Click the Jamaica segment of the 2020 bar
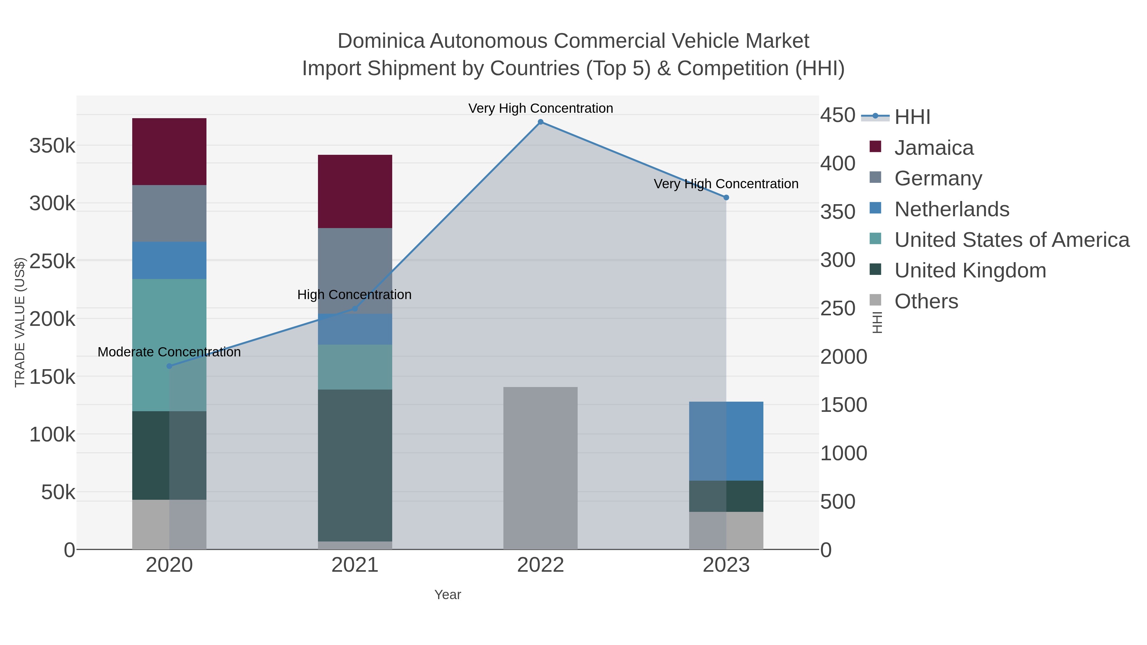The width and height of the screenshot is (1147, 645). (169, 151)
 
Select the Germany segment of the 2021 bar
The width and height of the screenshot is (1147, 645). (355, 271)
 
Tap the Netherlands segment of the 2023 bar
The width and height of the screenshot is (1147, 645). (726, 441)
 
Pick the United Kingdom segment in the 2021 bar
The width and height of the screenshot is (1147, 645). (355, 465)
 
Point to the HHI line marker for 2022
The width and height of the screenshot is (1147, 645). (541, 122)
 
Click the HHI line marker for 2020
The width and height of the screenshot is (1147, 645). (169, 366)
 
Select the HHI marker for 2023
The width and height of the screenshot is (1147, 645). (726, 197)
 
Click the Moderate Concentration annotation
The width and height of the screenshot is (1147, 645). (169, 352)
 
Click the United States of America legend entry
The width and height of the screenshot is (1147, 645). (1012, 240)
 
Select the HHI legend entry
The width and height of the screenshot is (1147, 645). (912, 117)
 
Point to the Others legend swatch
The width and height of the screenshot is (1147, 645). (876, 300)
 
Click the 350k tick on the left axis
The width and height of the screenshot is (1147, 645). (52, 146)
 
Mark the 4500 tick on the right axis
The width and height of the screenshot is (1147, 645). (838, 115)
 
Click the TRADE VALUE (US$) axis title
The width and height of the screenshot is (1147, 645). (20, 322)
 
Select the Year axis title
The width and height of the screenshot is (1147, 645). (448, 595)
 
